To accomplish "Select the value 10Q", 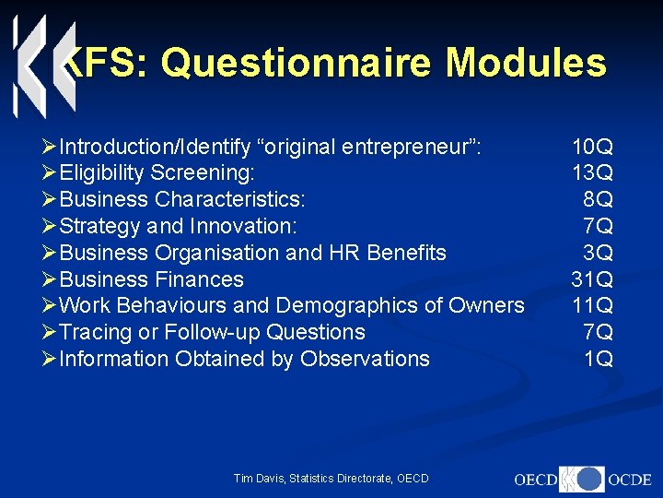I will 592,146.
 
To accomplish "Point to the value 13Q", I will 592,172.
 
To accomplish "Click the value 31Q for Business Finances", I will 592,279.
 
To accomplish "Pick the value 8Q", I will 598,199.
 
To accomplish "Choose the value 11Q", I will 592,305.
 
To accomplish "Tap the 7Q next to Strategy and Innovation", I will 598,226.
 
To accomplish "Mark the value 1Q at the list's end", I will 598,359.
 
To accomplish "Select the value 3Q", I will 598,253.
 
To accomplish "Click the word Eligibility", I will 100,172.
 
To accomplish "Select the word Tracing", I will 93,332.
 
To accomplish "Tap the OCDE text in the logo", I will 630,480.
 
